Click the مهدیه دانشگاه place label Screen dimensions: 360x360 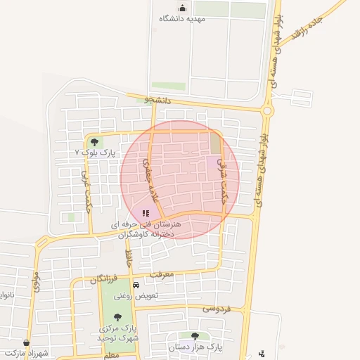point(181,18)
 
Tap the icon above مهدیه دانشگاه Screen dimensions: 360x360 point(182,8)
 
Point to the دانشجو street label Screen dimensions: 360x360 point(157,101)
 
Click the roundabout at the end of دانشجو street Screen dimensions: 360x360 point(267,110)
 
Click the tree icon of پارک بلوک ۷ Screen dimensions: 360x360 point(94,142)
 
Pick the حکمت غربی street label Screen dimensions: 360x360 point(86,184)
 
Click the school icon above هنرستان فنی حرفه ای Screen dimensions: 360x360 point(145,212)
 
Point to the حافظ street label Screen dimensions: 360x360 point(129,257)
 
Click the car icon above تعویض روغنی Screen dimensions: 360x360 point(136,285)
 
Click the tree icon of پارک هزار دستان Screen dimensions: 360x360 point(195,336)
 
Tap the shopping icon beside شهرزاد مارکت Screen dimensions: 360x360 point(26,342)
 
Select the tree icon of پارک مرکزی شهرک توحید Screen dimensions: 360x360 point(117,317)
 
